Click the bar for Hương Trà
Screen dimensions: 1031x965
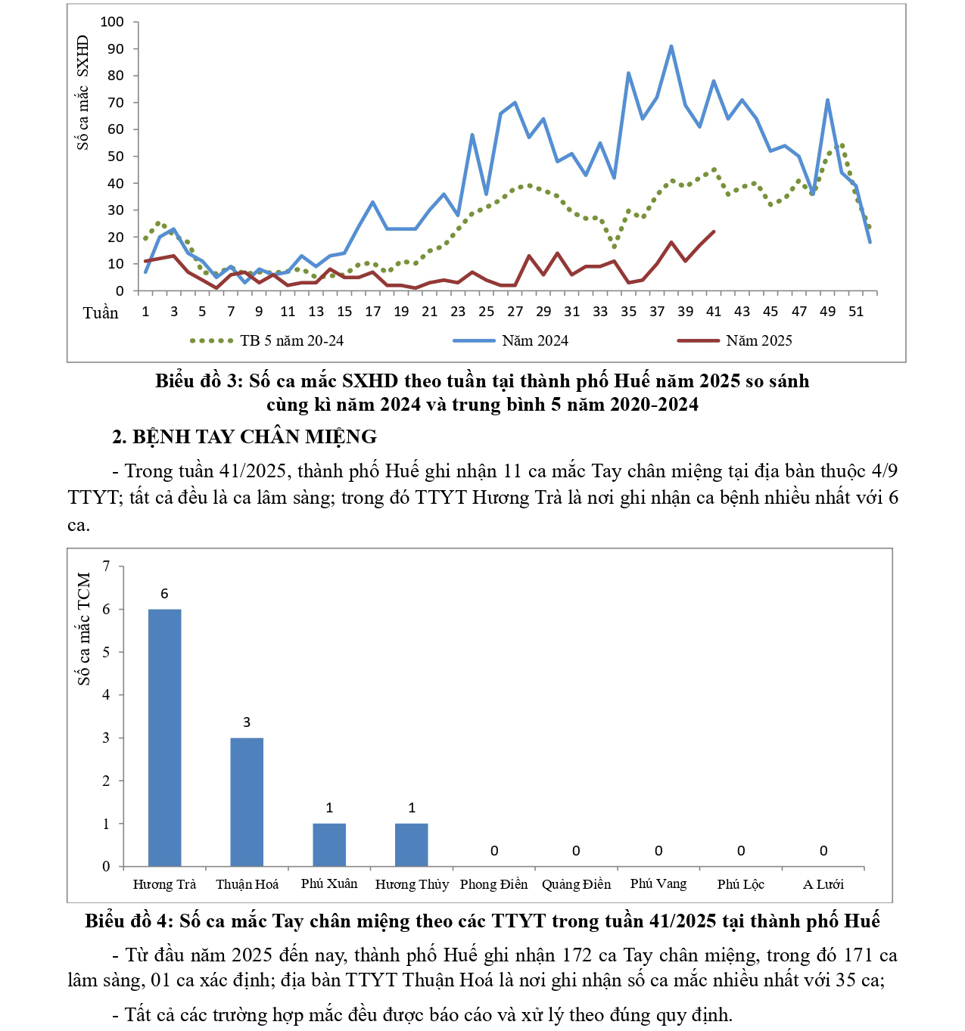164,738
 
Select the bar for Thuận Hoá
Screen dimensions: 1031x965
247,802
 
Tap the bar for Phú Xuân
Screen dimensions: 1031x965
329,845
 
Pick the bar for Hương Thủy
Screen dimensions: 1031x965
412,845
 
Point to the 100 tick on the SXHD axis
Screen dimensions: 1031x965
112,22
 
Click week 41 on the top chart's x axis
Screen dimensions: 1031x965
714,312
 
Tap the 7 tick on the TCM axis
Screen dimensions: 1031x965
106,567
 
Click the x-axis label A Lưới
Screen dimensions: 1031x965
823,884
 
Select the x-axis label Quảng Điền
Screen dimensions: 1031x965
576,884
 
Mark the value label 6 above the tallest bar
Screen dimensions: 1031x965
164,594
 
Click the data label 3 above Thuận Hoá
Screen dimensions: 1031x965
247,722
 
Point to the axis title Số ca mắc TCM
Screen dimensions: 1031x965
84,629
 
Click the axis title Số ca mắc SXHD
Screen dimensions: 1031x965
82,92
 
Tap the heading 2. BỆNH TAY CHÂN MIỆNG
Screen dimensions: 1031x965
244,436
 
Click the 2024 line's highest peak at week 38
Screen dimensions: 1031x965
671,47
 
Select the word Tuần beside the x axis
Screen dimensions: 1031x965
101,313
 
